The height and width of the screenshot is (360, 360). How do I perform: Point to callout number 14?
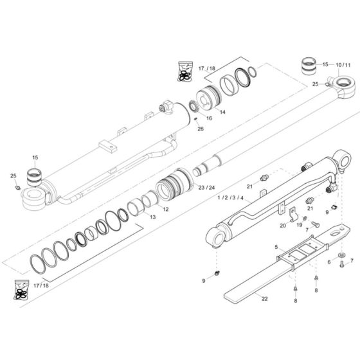click(x=204, y=111)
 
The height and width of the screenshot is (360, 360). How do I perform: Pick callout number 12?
click(x=165, y=209)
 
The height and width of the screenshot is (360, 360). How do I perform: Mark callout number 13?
click(x=152, y=217)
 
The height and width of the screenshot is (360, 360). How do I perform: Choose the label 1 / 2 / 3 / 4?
click(x=230, y=198)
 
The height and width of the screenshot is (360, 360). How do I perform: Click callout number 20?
click(x=282, y=225)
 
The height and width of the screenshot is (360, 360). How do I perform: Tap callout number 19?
click(x=299, y=224)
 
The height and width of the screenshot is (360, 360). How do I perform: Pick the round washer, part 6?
click(x=340, y=261)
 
